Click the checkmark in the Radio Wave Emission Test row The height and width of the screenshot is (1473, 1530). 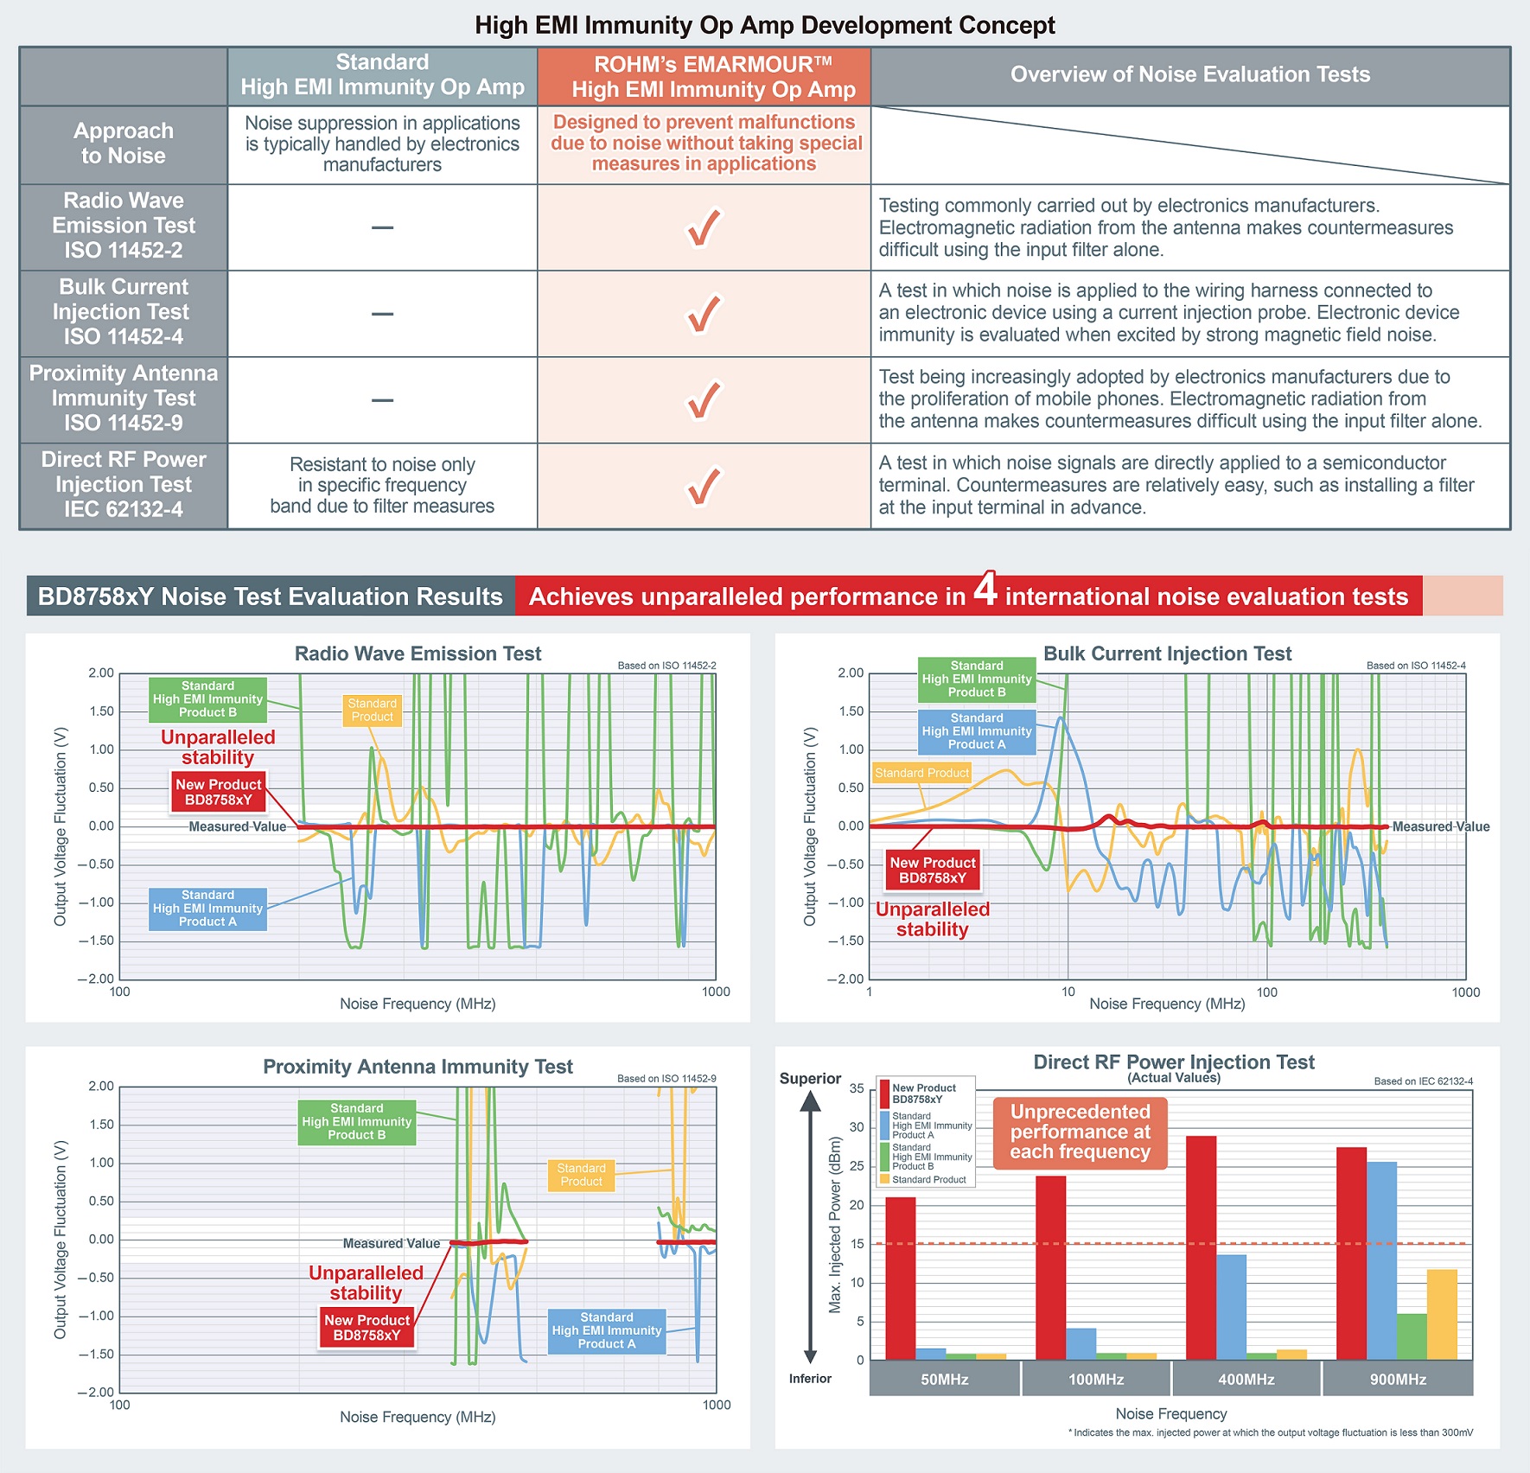[x=703, y=228]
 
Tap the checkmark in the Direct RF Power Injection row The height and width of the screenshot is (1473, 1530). [x=703, y=486]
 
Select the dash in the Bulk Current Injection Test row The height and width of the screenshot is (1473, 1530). [x=382, y=314]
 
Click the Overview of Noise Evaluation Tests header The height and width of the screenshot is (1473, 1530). [x=1189, y=75]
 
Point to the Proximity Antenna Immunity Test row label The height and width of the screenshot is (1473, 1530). [x=124, y=399]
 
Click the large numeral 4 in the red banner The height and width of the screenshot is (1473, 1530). [x=985, y=590]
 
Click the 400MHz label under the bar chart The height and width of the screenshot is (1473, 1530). [x=1246, y=1380]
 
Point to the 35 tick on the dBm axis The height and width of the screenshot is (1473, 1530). [x=856, y=1088]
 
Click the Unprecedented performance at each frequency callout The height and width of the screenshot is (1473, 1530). [x=1080, y=1132]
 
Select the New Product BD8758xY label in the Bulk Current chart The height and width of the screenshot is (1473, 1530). [x=933, y=870]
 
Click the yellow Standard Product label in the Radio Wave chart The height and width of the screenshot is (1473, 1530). [x=373, y=711]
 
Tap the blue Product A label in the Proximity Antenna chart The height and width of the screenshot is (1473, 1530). [x=607, y=1330]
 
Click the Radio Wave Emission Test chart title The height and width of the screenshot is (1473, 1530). [x=418, y=654]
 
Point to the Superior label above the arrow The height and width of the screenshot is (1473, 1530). [x=810, y=1079]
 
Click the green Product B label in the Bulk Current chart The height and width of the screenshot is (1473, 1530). [x=977, y=679]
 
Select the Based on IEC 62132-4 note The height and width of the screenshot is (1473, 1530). [x=1423, y=1081]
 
